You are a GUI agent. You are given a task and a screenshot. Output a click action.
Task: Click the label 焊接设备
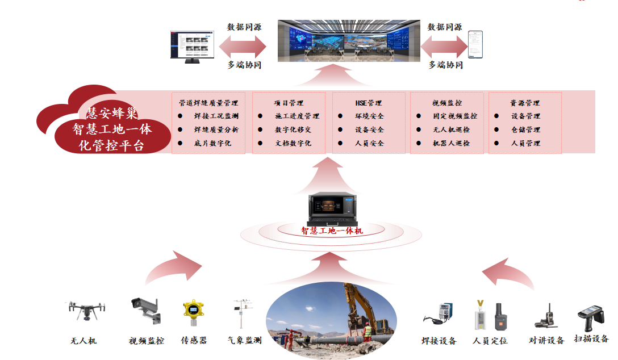click(439, 341)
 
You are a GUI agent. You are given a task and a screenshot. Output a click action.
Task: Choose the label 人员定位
click(490, 341)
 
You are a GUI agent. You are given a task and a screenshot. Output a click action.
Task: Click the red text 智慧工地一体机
click(332, 231)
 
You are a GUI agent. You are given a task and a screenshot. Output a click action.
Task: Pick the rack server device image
click(332, 208)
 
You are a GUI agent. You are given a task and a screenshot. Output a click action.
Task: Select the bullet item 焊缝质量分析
click(216, 129)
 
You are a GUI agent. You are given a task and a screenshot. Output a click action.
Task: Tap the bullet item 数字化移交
click(293, 129)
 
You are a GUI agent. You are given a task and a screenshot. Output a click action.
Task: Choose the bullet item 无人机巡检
click(451, 129)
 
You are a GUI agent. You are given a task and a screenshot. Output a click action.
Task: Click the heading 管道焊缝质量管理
click(208, 103)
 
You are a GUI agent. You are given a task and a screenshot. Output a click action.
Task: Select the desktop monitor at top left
click(194, 45)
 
